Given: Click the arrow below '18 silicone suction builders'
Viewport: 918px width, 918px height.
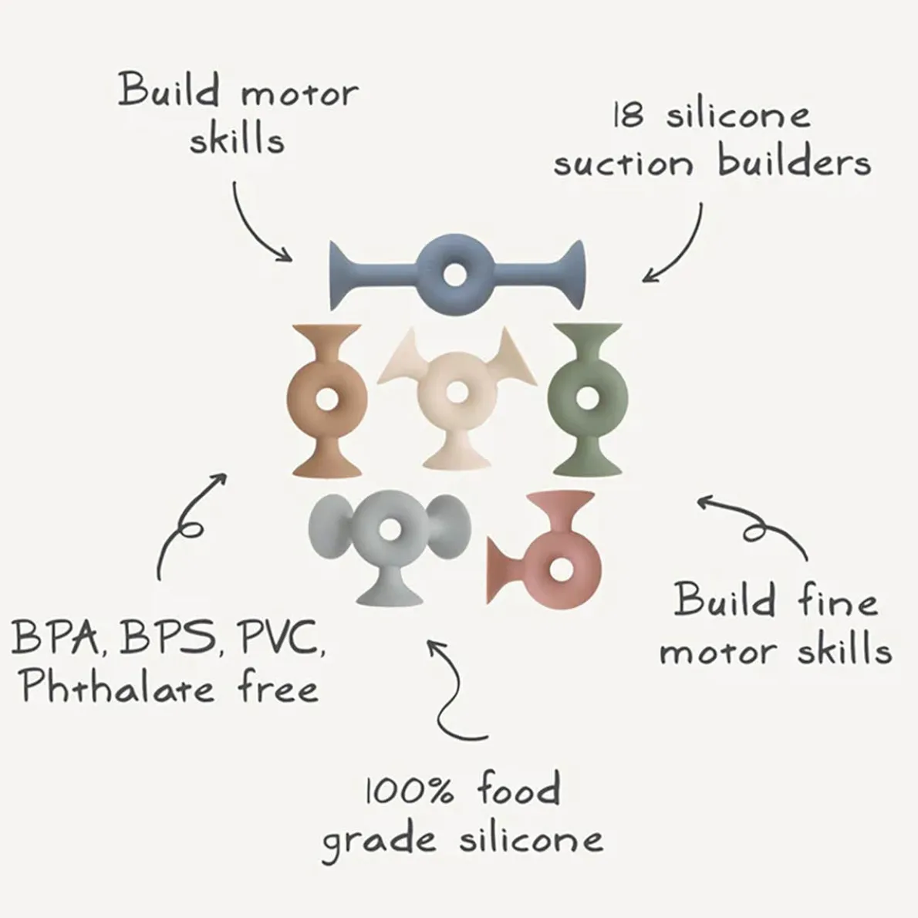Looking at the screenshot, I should (679, 247).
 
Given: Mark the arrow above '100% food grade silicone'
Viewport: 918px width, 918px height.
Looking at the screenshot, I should (455, 687).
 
